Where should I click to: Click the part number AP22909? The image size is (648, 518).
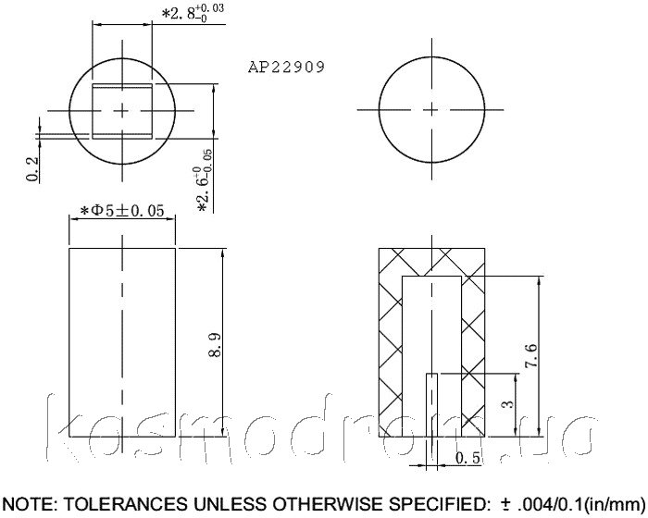point(286,67)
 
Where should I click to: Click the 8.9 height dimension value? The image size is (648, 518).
point(216,345)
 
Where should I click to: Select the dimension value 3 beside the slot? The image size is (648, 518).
point(509,403)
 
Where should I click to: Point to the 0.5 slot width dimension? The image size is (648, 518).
point(467,458)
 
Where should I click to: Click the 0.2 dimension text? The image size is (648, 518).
point(32,169)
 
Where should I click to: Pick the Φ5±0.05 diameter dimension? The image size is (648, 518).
point(122,211)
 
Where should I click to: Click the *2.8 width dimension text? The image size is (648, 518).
point(193,13)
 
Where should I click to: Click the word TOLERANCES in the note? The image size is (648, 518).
point(125,504)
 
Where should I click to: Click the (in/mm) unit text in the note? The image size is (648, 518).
point(616,505)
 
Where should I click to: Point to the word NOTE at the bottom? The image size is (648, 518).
point(31,504)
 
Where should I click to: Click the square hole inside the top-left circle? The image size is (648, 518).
point(122,111)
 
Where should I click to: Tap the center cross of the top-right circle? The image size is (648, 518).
point(432,110)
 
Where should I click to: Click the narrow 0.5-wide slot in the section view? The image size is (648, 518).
point(432,405)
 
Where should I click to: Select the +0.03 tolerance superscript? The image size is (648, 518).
point(210,8)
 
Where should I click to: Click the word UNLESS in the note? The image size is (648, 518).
point(229,504)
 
